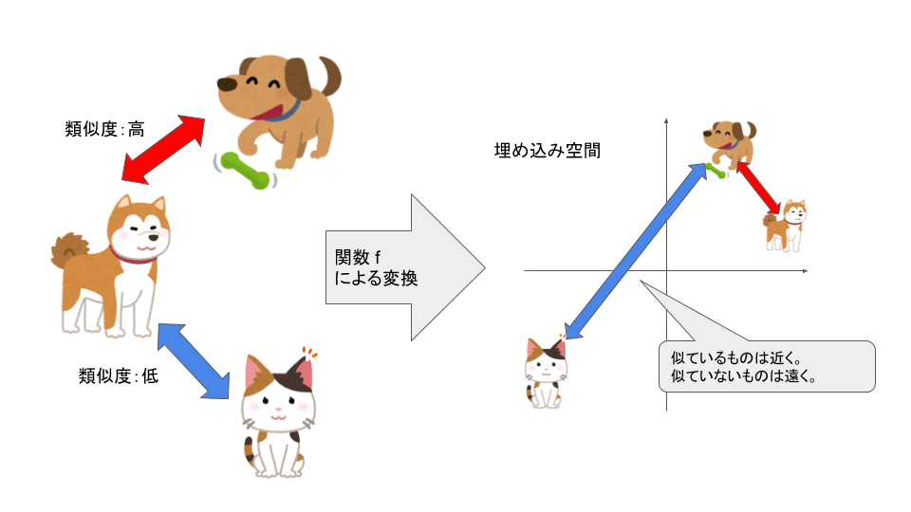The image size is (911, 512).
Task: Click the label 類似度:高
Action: (x=104, y=129)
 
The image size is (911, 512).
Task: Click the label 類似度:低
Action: (x=119, y=376)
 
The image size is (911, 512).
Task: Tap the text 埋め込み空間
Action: (x=548, y=151)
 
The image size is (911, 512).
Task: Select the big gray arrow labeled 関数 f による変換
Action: (x=405, y=267)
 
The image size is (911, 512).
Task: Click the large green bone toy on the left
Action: (x=245, y=170)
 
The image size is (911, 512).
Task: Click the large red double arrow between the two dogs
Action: (x=163, y=149)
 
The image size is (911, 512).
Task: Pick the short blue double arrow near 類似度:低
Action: (x=194, y=361)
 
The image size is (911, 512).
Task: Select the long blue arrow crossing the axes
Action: (x=636, y=251)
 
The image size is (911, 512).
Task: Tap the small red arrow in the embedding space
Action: (x=759, y=188)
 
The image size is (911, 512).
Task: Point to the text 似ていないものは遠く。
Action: (x=744, y=376)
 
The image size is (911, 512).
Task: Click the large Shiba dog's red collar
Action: (x=133, y=256)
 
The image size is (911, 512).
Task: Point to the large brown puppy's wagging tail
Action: (x=329, y=76)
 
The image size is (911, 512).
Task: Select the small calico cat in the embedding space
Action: (x=545, y=372)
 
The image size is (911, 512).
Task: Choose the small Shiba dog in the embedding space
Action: (x=786, y=226)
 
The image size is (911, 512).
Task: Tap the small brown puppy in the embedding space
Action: (x=730, y=145)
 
